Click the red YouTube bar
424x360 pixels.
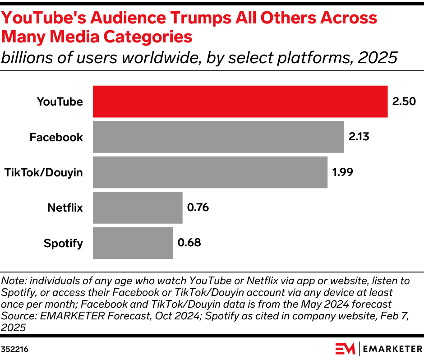tap(240, 102)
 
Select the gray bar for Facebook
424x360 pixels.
tap(218, 137)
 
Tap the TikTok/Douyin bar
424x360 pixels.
tap(210, 172)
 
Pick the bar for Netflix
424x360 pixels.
tap(138, 208)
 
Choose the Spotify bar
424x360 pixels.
tap(133, 243)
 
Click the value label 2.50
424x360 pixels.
tap(404, 102)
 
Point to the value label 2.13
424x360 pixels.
tap(359, 137)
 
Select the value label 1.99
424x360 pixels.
tap(342, 172)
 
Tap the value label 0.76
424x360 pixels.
tap(198, 208)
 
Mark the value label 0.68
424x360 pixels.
tap(189, 243)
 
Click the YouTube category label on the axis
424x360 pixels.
tap(60, 102)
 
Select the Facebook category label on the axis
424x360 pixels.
tap(56, 137)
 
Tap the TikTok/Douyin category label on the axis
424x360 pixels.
tap(44, 172)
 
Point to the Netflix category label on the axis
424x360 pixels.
tap(65, 208)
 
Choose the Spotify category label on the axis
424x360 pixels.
tap(64, 244)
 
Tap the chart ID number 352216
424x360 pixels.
tap(15, 349)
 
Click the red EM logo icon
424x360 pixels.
tap(346, 349)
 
